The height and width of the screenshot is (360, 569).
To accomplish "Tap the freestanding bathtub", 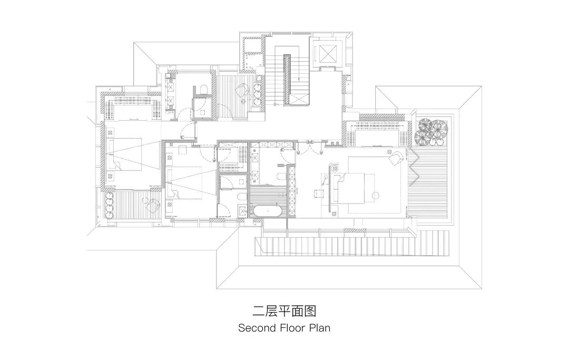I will [x=269, y=211].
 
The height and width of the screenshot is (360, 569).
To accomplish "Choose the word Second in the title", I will [x=257, y=328].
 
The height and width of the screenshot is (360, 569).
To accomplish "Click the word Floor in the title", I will [x=295, y=328].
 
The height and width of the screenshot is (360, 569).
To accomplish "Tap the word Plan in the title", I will [x=320, y=328].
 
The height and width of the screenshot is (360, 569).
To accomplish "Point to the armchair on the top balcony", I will [x=241, y=90].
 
